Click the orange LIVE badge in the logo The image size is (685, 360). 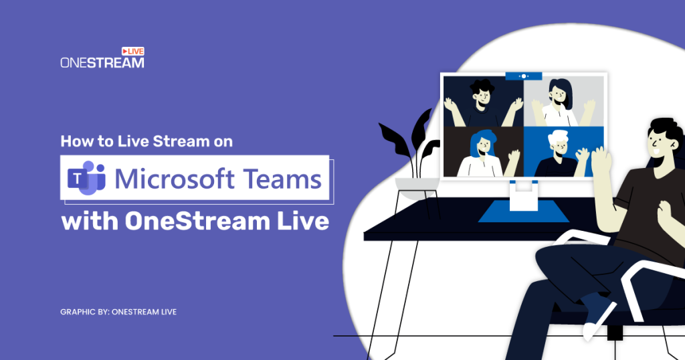132,51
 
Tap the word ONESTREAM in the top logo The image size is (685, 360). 102,63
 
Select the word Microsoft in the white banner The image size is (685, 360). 175,179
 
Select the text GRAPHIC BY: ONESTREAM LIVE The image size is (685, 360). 118,312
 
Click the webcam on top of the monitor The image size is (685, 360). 523,76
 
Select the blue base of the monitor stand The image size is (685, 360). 522,210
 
